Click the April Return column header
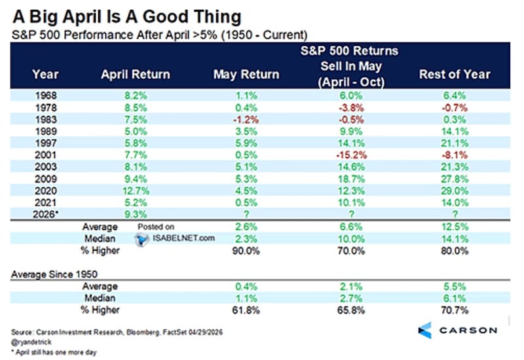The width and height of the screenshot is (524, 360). (136, 74)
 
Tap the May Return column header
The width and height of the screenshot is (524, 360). (246, 74)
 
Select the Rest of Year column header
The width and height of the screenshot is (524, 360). (455, 74)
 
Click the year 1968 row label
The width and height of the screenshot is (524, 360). (46, 96)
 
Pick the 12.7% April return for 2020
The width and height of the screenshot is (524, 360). (136, 190)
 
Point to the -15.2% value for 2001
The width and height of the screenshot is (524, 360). (351, 155)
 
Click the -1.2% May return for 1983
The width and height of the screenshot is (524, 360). (246, 120)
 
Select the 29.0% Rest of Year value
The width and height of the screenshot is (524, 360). (455, 190)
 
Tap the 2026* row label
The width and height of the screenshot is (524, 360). (45, 214)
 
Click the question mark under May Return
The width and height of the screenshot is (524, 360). (246, 214)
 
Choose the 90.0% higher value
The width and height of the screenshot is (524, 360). (246, 251)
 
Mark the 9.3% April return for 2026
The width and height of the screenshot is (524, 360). (136, 214)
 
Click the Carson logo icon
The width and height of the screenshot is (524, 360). (425, 331)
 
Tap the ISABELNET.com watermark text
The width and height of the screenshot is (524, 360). (183, 238)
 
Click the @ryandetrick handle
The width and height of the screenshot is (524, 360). (31, 342)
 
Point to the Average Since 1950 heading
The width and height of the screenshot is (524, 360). (54, 274)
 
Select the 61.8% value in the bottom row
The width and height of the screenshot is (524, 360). (246, 310)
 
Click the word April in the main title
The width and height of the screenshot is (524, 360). (83, 18)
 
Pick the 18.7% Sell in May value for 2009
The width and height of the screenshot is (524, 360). (351, 179)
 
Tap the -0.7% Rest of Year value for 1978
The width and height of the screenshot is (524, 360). (455, 107)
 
